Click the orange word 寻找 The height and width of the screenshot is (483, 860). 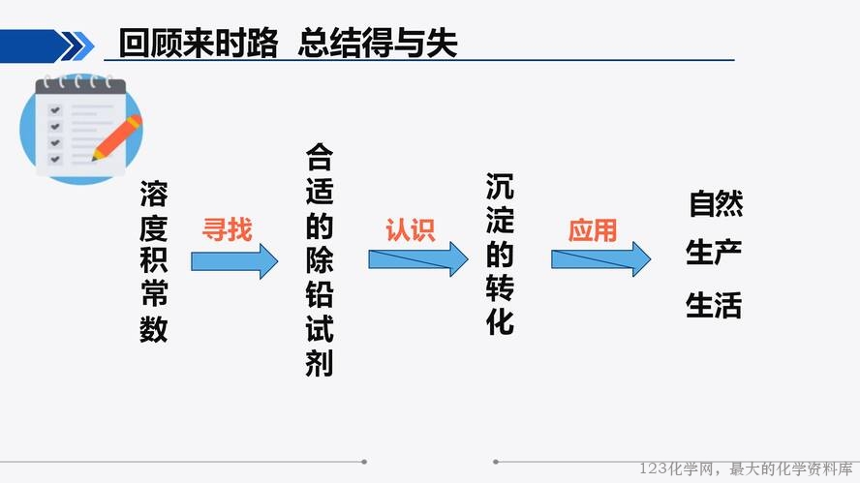point(227,229)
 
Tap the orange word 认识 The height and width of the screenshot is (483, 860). point(411,229)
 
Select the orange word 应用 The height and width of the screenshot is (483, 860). point(593,229)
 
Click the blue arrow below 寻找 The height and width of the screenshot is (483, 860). point(234,261)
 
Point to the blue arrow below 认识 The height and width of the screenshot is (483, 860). point(418,259)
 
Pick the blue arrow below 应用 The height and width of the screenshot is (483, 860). point(601,259)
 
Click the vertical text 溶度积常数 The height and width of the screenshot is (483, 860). point(154,261)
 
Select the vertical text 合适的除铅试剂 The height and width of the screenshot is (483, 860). point(320,259)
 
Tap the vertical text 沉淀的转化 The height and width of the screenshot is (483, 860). point(500,254)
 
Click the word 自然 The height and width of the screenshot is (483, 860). point(716,203)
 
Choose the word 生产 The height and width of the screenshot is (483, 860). point(714,253)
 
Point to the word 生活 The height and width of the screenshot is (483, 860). point(714,305)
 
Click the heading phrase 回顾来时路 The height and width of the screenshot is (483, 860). point(199,43)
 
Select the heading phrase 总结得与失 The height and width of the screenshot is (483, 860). point(378,43)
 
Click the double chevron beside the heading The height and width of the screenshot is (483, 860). point(77,46)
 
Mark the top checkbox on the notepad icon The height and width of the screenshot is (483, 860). point(55,110)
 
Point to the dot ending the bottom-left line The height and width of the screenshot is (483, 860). point(364,462)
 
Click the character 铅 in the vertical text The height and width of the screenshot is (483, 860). point(320,294)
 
